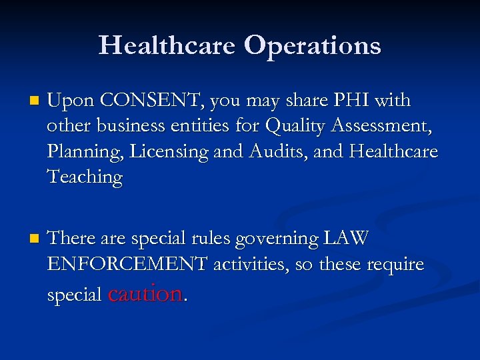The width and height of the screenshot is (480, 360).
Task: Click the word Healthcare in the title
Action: (167, 45)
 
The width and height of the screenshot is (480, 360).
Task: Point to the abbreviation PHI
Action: (351, 101)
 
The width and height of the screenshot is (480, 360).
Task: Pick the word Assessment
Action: (379, 126)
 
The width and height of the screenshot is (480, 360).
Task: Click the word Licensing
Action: (169, 152)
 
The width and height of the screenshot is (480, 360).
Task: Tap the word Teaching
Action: (85, 177)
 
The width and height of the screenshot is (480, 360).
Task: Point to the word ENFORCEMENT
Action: (127, 265)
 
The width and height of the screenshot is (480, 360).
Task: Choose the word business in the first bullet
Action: (126, 126)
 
